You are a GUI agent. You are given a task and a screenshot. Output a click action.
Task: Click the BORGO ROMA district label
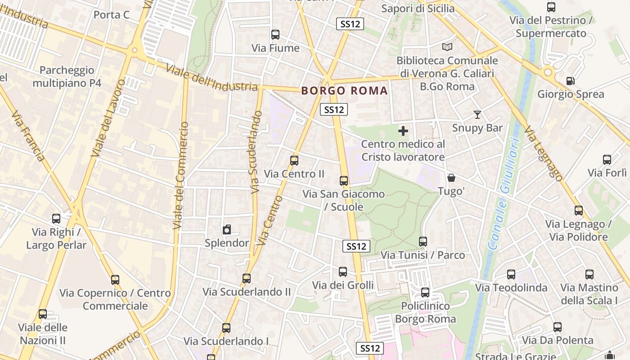tap(344, 90)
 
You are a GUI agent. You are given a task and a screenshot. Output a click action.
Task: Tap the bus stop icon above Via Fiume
tap(275, 34)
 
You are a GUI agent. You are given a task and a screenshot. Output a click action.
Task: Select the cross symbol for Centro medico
tap(403, 131)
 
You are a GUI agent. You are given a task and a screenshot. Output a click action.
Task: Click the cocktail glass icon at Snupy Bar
tap(477, 115)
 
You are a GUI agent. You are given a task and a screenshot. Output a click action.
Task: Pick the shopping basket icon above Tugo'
tap(451, 178)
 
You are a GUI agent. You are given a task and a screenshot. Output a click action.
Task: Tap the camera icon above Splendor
tap(227, 229)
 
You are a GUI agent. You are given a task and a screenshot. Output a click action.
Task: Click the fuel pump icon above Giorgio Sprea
tap(570, 81)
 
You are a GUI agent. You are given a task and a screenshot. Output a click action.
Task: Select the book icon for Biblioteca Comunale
tap(447, 47)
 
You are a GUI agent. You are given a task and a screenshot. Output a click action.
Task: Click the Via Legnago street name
tap(543, 153)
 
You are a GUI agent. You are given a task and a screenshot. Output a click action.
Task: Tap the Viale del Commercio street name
tap(180, 175)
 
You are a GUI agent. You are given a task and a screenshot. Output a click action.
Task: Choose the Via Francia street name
tap(28, 135)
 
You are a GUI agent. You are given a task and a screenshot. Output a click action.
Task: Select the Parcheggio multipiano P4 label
tap(67, 76)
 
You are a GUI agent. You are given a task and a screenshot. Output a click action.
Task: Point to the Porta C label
tap(112, 15)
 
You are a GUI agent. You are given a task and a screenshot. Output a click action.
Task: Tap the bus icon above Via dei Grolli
tap(343, 272)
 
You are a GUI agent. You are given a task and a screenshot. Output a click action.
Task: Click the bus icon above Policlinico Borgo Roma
tap(425, 292)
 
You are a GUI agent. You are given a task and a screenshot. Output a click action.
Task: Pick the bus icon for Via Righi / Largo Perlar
tap(56, 219)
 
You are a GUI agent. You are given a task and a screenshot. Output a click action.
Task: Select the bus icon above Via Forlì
tap(607, 160)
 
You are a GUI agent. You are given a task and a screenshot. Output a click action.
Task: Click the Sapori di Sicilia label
tap(418, 8)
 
